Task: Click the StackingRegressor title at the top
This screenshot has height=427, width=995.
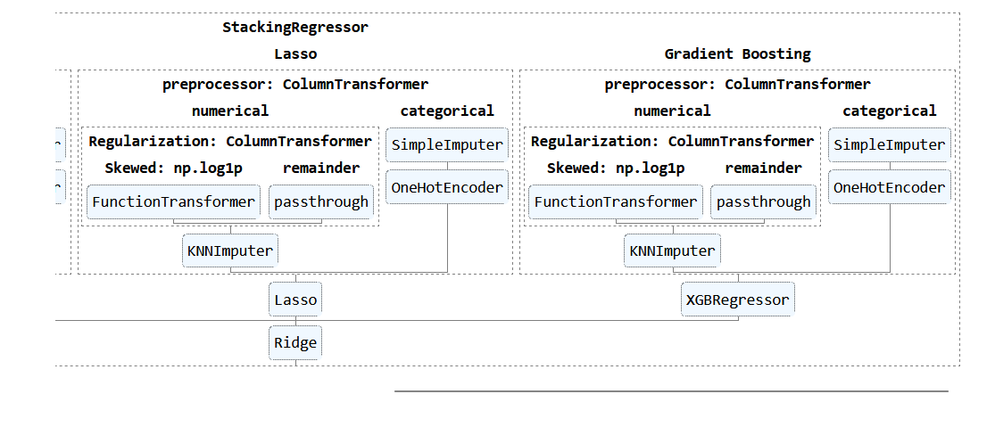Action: click(x=294, y=27)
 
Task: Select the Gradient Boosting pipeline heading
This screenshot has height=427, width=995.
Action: click(x=737, y=53)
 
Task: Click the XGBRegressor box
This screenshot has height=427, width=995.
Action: click(x=737, y=300)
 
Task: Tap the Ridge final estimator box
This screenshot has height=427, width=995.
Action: click(x=295, y=342)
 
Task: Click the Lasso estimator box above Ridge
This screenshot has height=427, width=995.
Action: click(x=295, y=300)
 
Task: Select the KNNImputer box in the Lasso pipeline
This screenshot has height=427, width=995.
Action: click(x=230, y=250)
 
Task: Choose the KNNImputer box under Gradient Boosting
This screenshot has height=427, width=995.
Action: click(x=672, y=250)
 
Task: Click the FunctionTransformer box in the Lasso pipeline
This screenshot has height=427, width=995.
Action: click(x=173, y=201)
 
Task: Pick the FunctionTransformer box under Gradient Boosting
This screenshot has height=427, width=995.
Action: click(x=616, y=201)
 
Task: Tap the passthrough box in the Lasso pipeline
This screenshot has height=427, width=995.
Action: click(x=321, y=201)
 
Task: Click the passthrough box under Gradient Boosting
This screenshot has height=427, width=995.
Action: click(x=764, y=201)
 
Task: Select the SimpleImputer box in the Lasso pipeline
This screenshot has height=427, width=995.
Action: click(x=447, y=144)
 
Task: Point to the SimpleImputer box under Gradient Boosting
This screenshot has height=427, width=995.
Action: click(x=889, y=144)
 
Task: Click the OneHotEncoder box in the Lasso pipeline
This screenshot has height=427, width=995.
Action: click(x=447, y=187)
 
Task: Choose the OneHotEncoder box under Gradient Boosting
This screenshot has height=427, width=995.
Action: click(x=889, y=187)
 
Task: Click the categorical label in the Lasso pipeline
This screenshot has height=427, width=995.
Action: click(x=447, y=111)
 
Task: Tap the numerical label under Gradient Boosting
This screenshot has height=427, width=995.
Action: click(x=672, y=111)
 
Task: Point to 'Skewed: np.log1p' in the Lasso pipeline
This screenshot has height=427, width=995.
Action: click(x=173, y=168)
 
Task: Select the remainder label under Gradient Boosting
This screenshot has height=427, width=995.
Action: click(x=764, y=168)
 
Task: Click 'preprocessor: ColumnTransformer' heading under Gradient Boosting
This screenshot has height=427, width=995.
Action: click(x=737, y=85)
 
